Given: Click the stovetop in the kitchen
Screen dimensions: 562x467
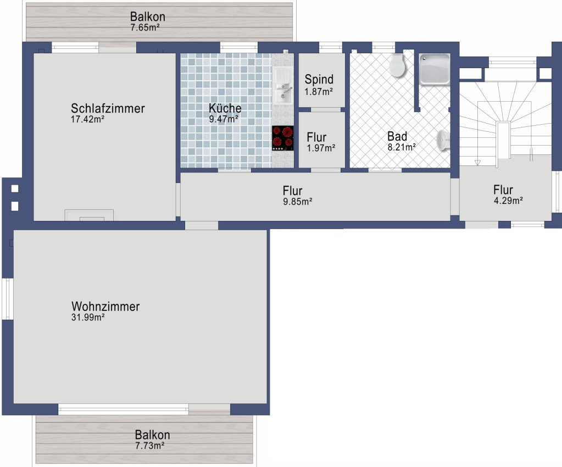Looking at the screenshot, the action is pos(282,138).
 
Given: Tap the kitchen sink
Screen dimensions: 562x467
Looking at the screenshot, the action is pos(283,86).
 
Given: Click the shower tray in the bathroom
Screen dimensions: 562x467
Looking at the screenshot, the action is pos(435,70).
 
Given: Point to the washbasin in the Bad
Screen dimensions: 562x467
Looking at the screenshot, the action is pos(443,140).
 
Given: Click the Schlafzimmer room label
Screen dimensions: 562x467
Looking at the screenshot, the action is pos(108,108).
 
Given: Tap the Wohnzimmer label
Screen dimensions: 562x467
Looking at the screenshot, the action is pos(105,307).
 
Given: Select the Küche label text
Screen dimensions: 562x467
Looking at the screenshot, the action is pos(225,108).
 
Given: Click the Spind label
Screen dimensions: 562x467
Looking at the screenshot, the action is pos(319,79).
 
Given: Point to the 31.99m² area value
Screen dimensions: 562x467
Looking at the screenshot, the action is pos(88,317).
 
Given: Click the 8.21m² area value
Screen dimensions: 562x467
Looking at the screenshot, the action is pos(402,147).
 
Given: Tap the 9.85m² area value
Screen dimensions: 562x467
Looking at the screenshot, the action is pos(298,202).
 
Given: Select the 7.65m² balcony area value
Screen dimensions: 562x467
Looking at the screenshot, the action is pos(145,27).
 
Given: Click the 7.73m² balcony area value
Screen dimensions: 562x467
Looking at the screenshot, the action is pos(150,446).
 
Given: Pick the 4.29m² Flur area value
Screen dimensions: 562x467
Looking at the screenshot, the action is pos(508,201).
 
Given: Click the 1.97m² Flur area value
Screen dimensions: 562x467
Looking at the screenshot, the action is pos(321,148).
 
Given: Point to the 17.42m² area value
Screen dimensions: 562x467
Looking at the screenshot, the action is pos(87,119).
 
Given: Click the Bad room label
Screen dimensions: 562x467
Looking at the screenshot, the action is pos(397,136).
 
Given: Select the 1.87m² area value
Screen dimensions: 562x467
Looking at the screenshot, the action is pos(319,91).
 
